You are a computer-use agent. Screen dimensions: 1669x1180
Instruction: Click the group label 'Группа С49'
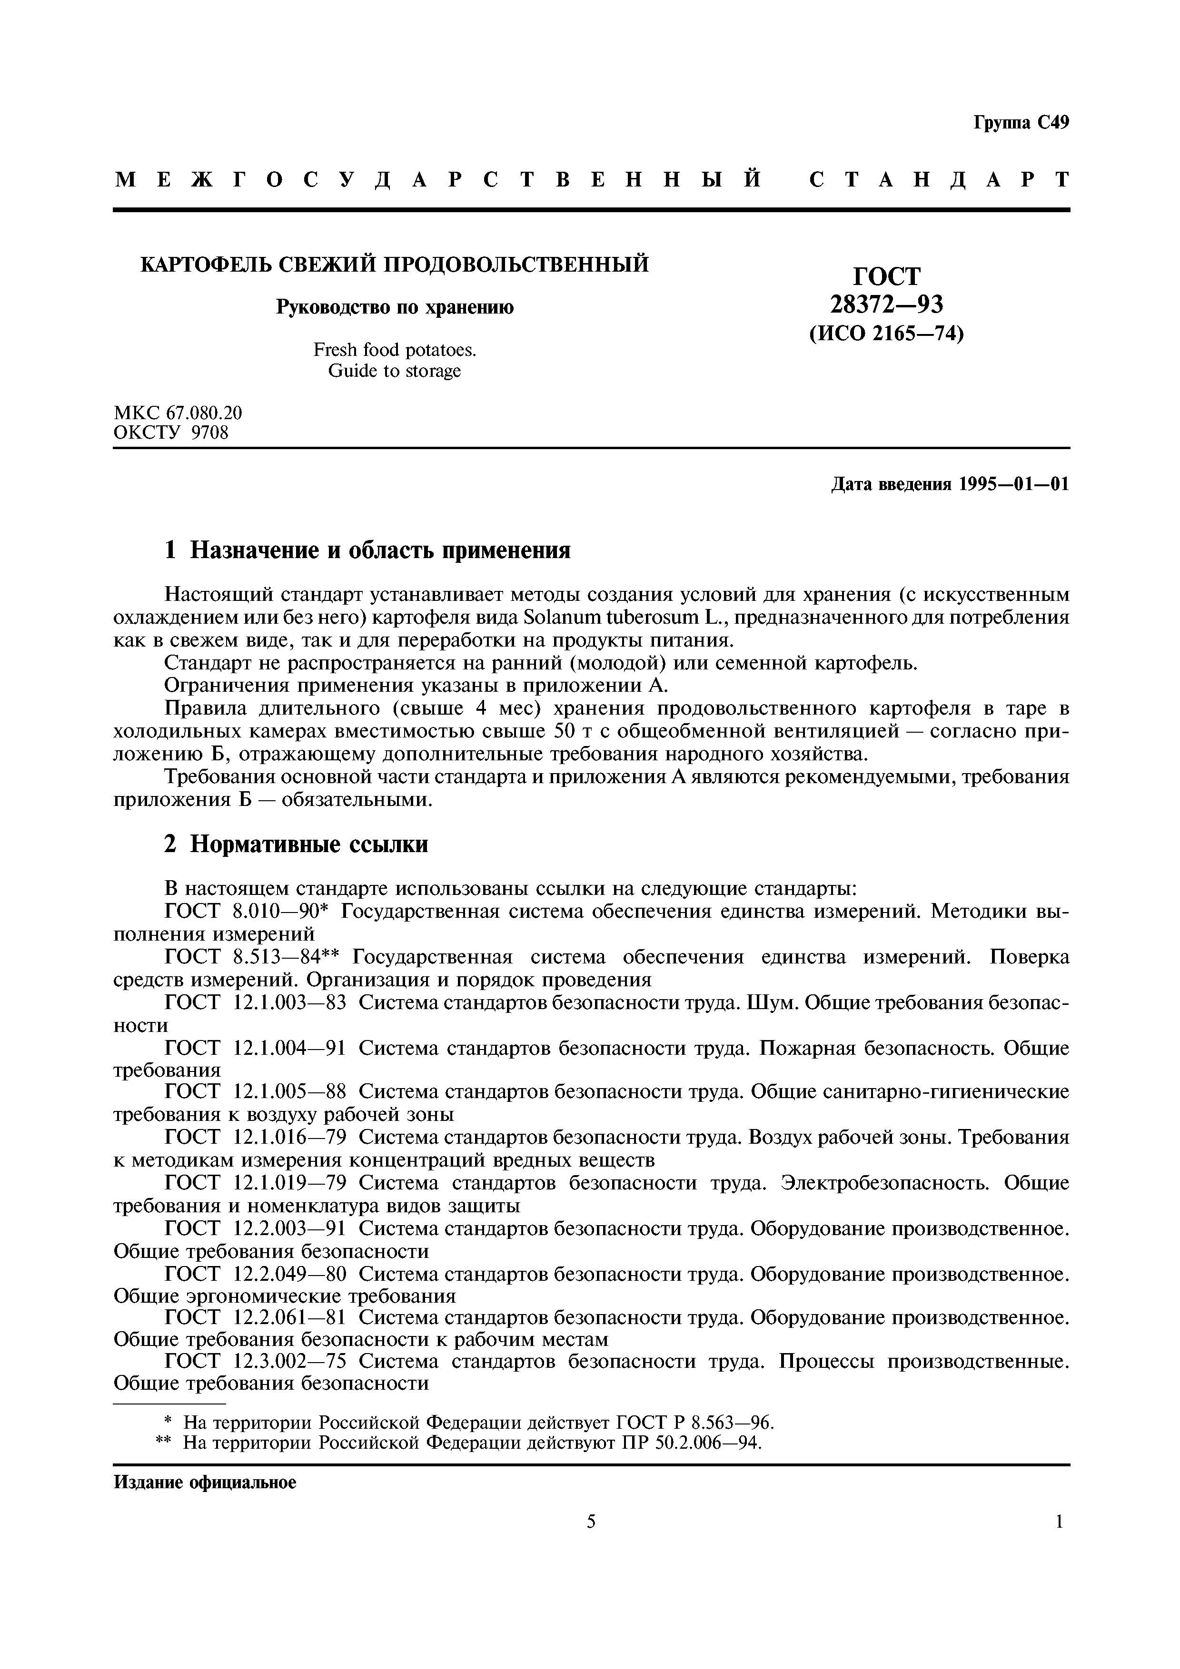click(x=1021, y=123)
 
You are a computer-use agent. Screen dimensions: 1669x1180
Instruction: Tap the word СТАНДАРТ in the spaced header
click(x=939, y=179)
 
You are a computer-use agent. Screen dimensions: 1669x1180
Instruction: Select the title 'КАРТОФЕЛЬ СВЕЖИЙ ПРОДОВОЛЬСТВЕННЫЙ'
click(x=394, y=265)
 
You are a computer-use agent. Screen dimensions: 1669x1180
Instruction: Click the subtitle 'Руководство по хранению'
click(x=394, y=307)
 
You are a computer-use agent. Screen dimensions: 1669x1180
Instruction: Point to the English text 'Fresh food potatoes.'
click(x=394, y=350)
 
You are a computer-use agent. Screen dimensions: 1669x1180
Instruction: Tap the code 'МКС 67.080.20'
click(x=178, y=413)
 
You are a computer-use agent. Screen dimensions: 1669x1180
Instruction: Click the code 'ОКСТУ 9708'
click(x=171, y=433)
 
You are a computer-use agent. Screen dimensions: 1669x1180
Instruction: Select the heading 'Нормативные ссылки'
click(x=308, y=844)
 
